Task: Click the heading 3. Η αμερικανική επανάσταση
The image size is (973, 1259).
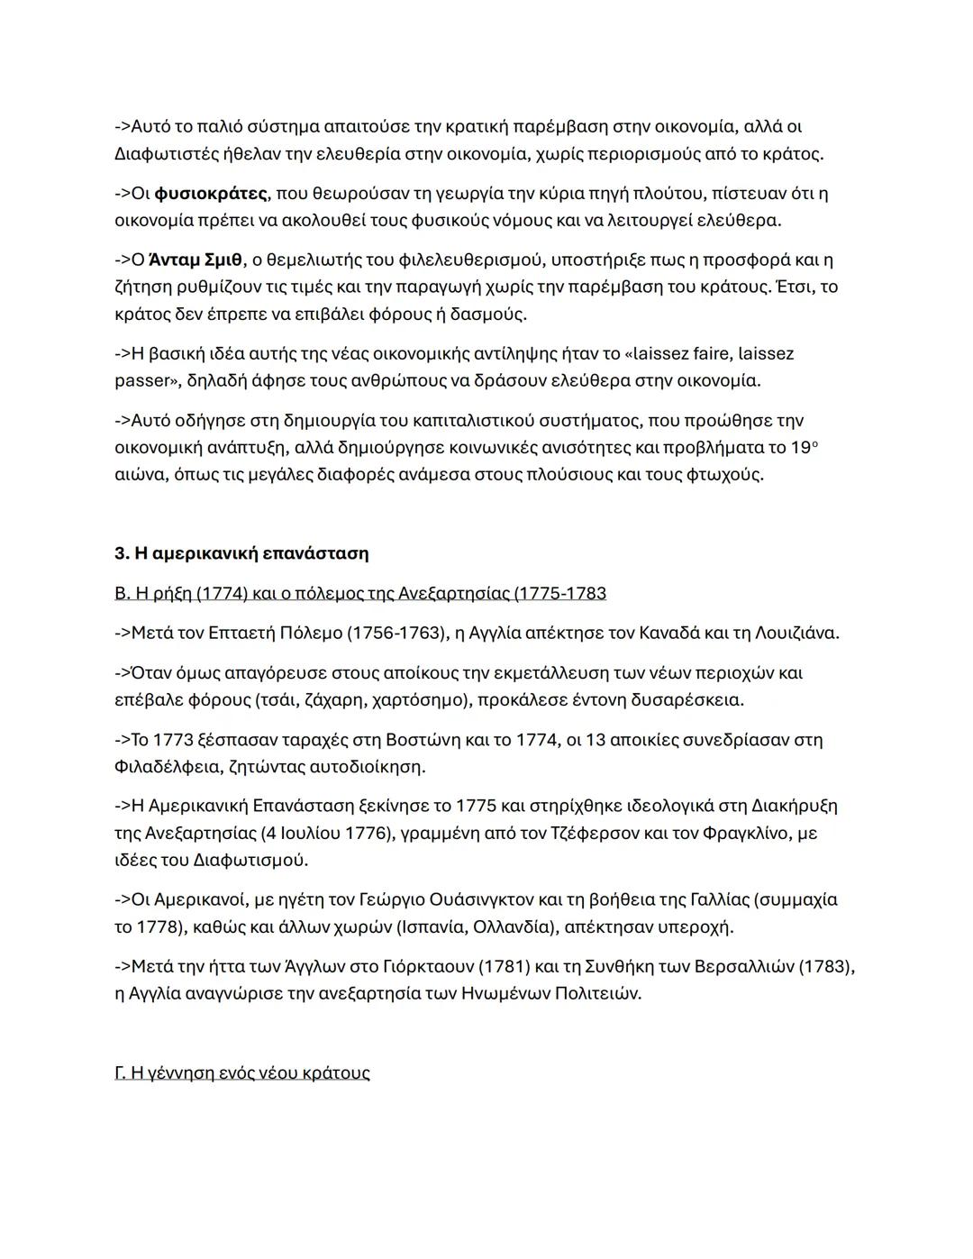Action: click(241, 553)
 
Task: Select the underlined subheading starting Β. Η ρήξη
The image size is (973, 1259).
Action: click(360, 593)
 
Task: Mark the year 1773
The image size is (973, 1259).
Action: click(173, 740)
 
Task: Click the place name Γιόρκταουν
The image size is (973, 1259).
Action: click(423, 967)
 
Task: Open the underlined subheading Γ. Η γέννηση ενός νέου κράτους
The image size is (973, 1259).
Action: click(242, 1073)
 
